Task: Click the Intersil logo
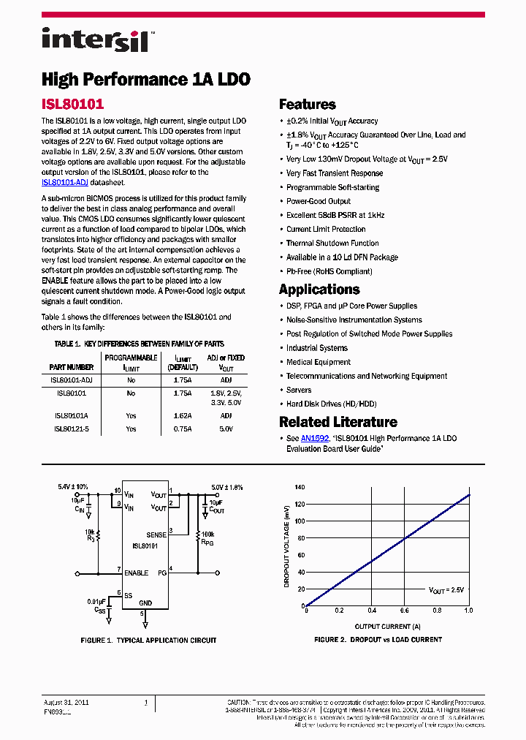[x=96, y=39]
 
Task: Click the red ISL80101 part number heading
[x=72, y=105]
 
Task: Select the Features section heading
[x=307, y=105]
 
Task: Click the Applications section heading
[x=319, y=290]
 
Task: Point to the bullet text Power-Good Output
[x=318, y=201]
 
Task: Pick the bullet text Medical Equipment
[x=318, y=362]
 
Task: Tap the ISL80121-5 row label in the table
[x=71, y=429]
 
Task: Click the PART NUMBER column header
[x=71, y=367]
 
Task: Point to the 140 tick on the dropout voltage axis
[x=299, y=487]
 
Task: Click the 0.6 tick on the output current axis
[x=404, y=611]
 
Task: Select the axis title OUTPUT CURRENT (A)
[x=387, y=627]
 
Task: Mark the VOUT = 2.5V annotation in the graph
[x=446, y=589]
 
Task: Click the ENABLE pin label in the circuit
[x=137, y=573]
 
